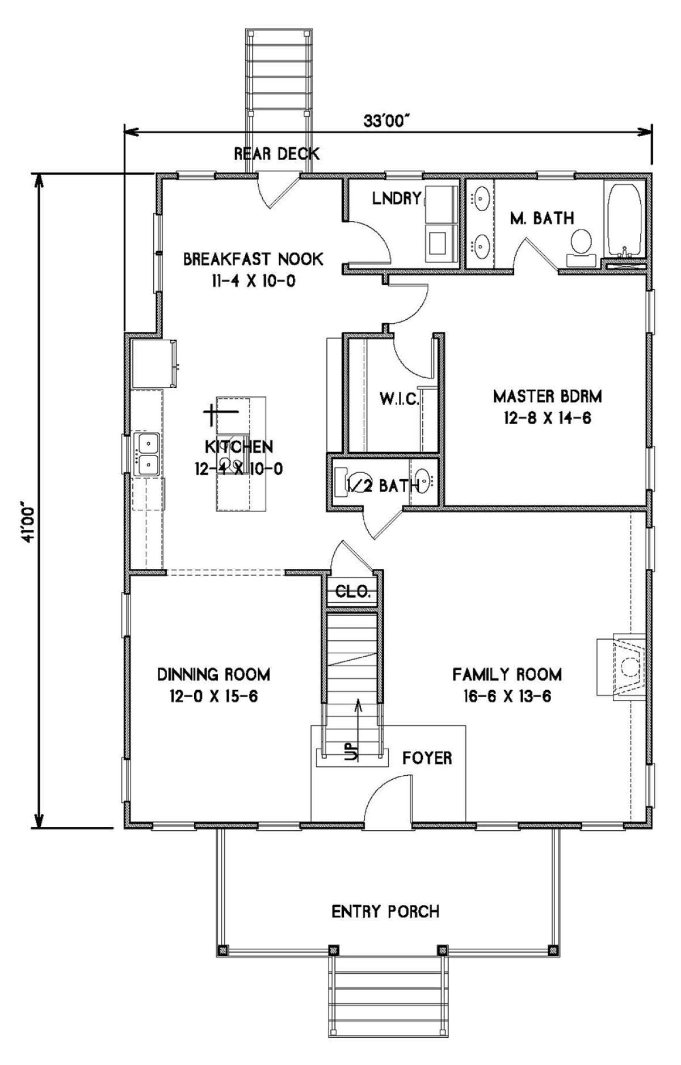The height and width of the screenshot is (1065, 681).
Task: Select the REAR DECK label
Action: tap(277, 153)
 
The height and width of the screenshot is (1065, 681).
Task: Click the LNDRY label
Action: tap(397, 198)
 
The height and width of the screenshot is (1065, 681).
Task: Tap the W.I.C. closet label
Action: tap(400, 399)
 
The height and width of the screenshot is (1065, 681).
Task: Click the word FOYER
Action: tap(427, 758)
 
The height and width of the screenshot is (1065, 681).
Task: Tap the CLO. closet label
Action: tap(354, 593)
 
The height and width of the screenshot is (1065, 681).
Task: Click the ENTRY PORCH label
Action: tap(385, 912)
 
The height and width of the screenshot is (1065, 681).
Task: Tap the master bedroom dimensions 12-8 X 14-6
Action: tap(547, 418)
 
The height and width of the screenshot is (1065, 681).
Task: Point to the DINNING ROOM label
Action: tap(213, 675)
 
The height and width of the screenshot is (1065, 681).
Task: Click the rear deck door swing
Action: tap(278, 192)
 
